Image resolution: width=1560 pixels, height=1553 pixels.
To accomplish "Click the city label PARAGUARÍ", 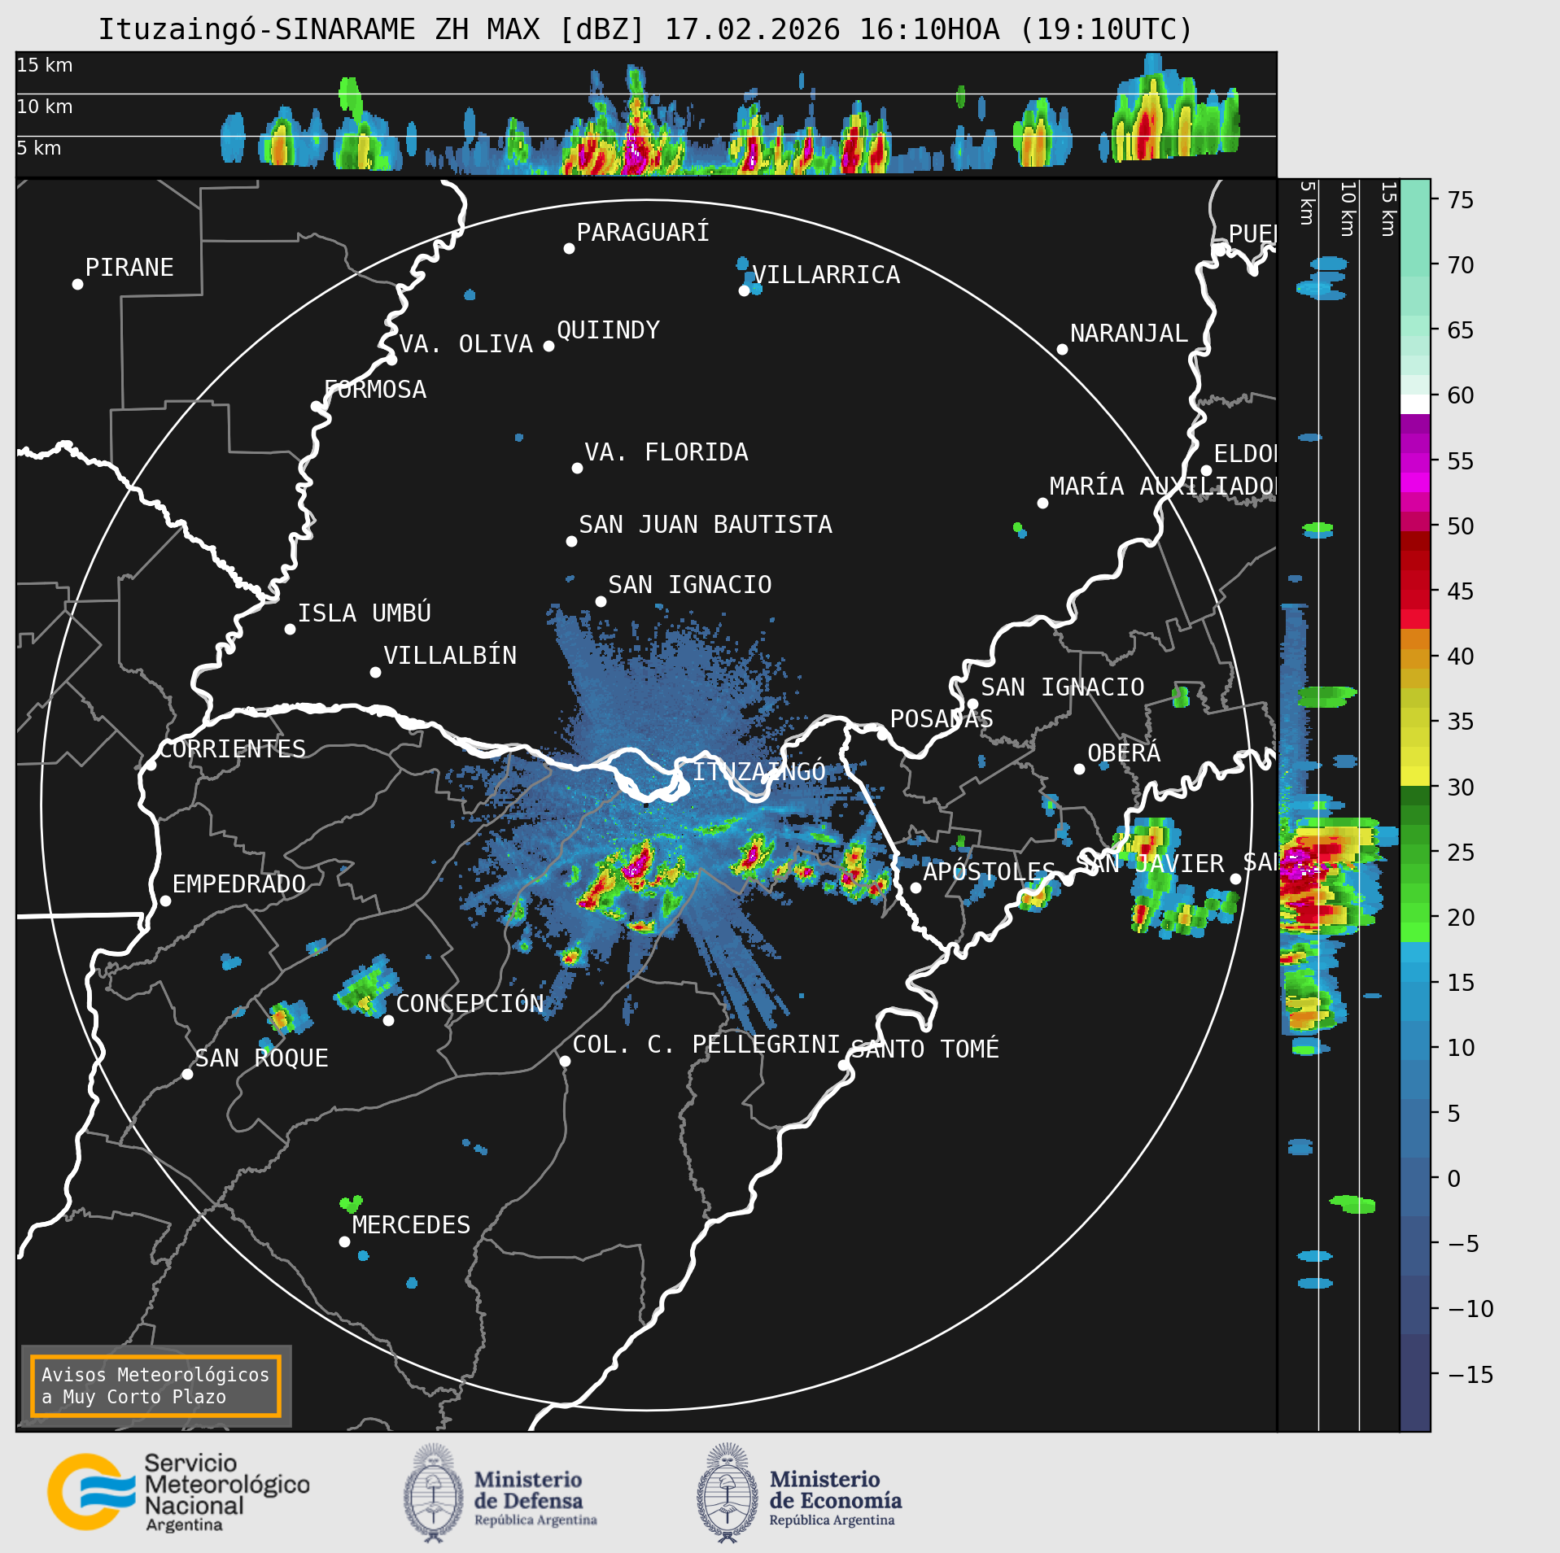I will coord(642,233).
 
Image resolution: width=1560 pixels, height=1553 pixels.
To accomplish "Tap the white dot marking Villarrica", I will coord(744,290).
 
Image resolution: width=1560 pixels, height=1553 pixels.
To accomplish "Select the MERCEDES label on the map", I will coord(411,1224).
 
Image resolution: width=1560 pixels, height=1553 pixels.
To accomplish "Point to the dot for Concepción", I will coord(389,1020).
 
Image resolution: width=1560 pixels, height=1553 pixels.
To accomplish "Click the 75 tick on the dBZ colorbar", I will coord(1460,200).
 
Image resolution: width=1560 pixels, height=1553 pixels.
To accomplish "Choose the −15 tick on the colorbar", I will coord(1470,1375).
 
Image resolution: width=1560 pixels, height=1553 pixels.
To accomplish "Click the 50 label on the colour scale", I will coord(1460,526).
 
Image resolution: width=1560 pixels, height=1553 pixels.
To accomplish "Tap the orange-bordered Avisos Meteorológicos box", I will coord(155,1385).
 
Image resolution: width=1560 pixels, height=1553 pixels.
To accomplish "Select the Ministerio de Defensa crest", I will coord(433,1493).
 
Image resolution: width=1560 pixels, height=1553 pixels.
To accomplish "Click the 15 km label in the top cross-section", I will coord(45,65).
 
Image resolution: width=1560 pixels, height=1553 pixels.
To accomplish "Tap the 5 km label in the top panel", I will coord(39,148).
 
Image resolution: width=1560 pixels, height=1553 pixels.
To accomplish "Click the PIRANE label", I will coord(129,268).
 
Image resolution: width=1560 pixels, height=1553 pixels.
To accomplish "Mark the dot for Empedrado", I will coord(165,901).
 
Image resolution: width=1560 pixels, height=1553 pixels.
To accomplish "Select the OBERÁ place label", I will coord(1124,753).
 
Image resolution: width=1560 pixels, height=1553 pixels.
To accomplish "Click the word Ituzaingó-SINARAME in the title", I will coord(256,30).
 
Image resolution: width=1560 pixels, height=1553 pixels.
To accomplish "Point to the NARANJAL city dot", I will coord(1062,349).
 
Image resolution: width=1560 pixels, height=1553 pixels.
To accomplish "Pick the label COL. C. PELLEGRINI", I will coord(706,1045).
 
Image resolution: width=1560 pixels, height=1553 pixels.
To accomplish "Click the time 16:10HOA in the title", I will coord(929,30).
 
